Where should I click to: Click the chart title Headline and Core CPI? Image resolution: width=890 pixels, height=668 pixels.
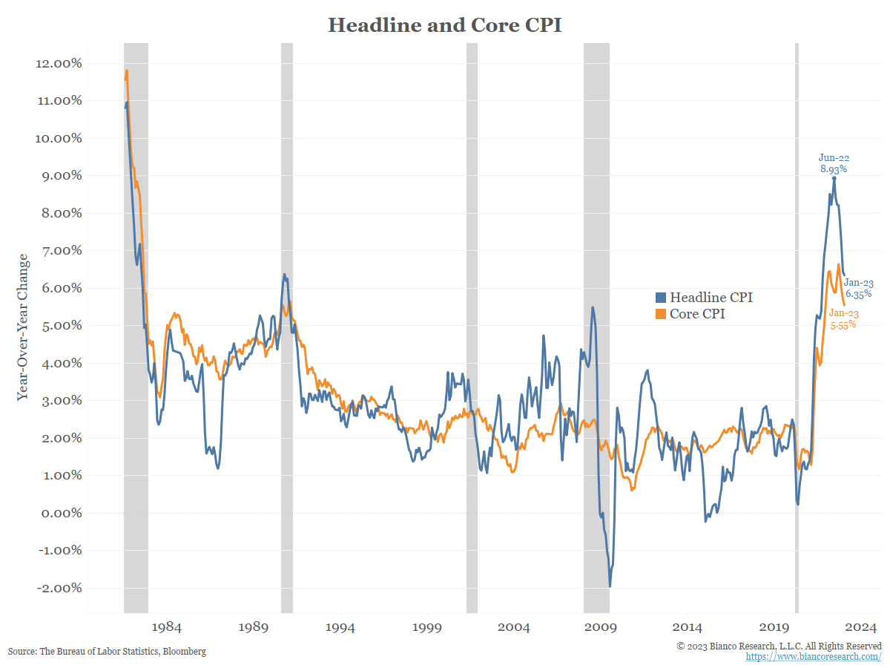(x=445, y=24)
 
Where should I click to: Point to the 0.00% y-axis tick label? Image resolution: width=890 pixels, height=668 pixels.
(x=59, y=513)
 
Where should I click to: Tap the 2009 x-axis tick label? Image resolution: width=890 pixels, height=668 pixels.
(x=602, y=627)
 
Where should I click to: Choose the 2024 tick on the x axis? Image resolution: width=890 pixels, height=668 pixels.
(x=862, y=627)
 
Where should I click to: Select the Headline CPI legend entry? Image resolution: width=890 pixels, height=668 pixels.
(x=704, y=298)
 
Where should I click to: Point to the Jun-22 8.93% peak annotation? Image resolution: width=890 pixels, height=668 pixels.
(x=833, y=163)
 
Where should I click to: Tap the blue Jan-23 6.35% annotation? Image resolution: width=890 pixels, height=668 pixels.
(x=857, y=287)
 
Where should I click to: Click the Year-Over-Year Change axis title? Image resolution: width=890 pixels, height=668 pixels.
(x=23, y=327)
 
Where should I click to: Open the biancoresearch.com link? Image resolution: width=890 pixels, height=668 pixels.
(x=813, y=657)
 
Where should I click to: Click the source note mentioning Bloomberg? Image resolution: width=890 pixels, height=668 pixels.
(x=107, y=651)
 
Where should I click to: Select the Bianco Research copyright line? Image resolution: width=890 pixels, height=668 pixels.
(x=779, y=646)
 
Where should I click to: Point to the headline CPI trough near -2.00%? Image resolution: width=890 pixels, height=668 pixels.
(x=610, y=586)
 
